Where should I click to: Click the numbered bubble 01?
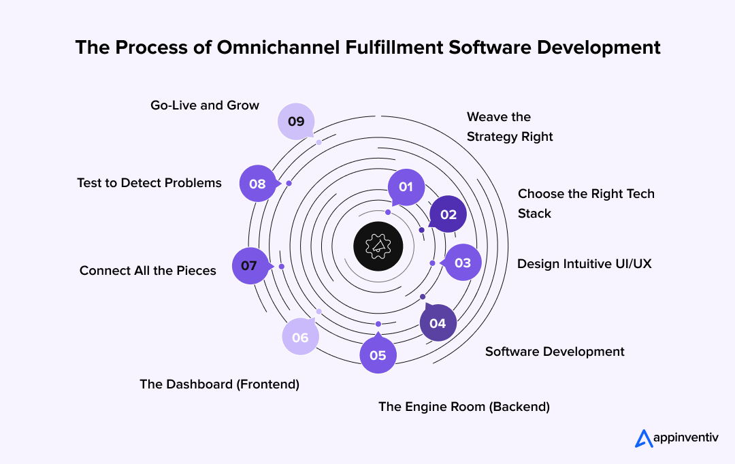(x=406, y=186)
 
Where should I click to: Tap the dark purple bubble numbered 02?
(x=448, y=214)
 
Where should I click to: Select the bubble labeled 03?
(x=462, y=263)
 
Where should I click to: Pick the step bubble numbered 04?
(x=438, y=323)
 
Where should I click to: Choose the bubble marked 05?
(x=378, y=354)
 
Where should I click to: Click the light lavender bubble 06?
(x=300, y=337)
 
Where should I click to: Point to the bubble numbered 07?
(x=249, y=265)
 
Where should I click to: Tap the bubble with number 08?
(x=257, y=184)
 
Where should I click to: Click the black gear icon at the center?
(x=378, y=246)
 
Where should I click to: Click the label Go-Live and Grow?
(x=205, y=105)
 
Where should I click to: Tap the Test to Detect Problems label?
(x=149, y=182)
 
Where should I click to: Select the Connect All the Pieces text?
(x=148, y=271)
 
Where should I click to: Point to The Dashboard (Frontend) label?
(x=219, y=384)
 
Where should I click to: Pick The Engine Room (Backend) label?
(x=464, y=407)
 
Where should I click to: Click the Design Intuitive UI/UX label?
(x=584, y=263)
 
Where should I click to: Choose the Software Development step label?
(x=555, y=352)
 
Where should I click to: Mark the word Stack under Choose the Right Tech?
(x=534, y=214)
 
